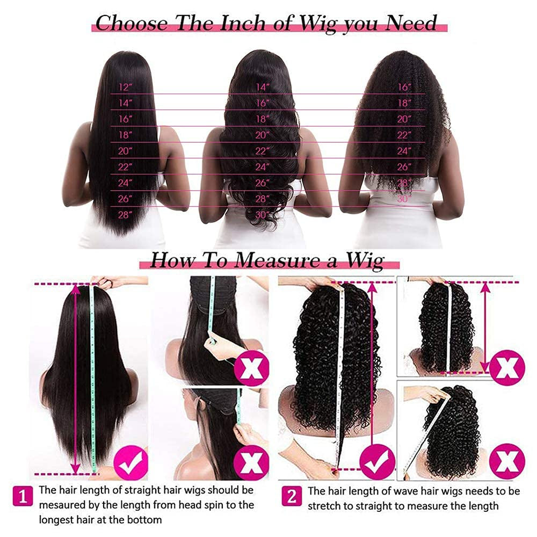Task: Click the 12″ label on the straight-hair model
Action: (x=125, y=87)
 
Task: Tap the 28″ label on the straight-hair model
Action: (x=125, y=215)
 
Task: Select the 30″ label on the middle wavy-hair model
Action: (x=263, y=215)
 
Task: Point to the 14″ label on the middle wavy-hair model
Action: (x=263, y=87)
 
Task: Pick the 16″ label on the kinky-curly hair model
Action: (x=404, y=87)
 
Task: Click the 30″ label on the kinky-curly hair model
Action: (x=404, y=199)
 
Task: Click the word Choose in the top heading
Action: (x=132, y=23)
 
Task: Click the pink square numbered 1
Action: (x=23, y=496)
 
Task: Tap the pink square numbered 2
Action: (x=292, y=496)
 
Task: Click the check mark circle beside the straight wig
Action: (x=130, y=462)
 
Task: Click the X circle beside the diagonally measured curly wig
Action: (x=507, y=461)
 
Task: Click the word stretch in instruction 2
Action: (x=324, y=506)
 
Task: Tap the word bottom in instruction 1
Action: (x=144, y=520)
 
